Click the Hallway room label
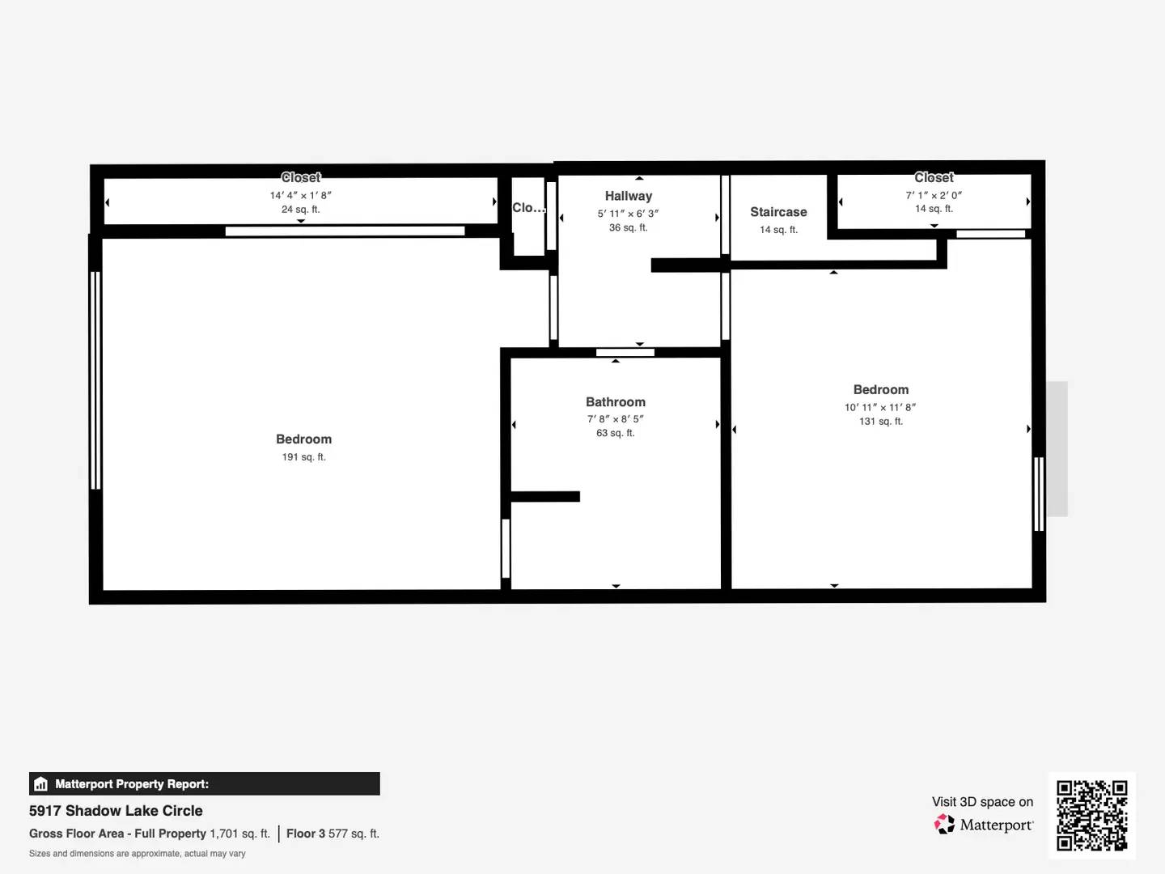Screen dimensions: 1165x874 point(629,197)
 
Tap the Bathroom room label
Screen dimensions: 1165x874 point(616,401)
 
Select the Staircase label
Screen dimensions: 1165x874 point(778,212)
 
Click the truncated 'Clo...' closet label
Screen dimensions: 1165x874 point(528,207)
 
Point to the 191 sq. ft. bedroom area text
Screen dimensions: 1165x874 point(303,457)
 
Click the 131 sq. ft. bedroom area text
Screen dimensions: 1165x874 point(881,422)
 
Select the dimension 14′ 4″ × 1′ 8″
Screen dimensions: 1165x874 point(300,195)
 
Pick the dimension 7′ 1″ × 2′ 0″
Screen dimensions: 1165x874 point(934,195)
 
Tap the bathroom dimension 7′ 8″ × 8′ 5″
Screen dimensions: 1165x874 point(616,418)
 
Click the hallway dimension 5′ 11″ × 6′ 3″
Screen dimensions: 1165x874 point(629,214)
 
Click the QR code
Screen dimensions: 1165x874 point(1091,815)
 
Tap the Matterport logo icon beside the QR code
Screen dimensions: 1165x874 point(944,824)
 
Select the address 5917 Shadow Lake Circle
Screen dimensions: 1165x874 point(116,811)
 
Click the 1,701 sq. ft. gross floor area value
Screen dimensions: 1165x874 point(240,834)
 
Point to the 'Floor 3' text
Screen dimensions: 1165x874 point(306,834)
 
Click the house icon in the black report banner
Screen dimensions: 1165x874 point(41,784)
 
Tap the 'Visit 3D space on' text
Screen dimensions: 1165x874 point(982,802)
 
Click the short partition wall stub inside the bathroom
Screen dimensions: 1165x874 point(545,496)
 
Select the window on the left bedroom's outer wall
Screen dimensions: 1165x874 point(95,380)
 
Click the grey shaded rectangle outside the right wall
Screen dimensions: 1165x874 point(1057,449)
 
